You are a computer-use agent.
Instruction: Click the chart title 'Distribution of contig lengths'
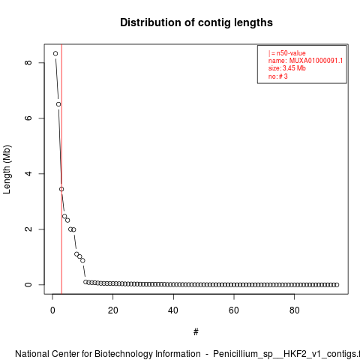(x=196, y=22)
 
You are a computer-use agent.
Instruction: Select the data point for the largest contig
(x=55, y=53)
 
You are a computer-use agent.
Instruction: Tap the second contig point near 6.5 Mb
(x=58, y=104)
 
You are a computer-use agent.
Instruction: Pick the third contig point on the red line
(x=61, y=189)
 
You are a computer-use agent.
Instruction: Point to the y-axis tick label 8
(x=28, y=62)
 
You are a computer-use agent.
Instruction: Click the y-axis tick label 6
(x=28, y=118)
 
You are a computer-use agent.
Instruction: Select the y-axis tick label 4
(x=28, y=173)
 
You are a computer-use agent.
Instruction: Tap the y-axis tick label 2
(x=28, y=229)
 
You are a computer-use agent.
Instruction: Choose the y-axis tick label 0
(x=28, y=284)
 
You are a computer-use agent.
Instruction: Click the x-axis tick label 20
(x=113, y=310)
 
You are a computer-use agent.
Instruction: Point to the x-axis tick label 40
(x=173, y=310)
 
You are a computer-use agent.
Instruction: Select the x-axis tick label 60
(x=234, y=310)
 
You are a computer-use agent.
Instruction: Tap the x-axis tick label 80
(x=295, y=310)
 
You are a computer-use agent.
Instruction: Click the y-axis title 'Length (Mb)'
(x=7, y=169)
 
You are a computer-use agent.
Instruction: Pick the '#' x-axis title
(x=196, y=332)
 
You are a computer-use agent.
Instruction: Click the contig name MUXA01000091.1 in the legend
(x=316, y=61)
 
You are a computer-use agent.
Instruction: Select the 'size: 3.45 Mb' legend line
(x=287, y=68)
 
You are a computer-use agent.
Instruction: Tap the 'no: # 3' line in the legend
(x=278, y=76)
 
